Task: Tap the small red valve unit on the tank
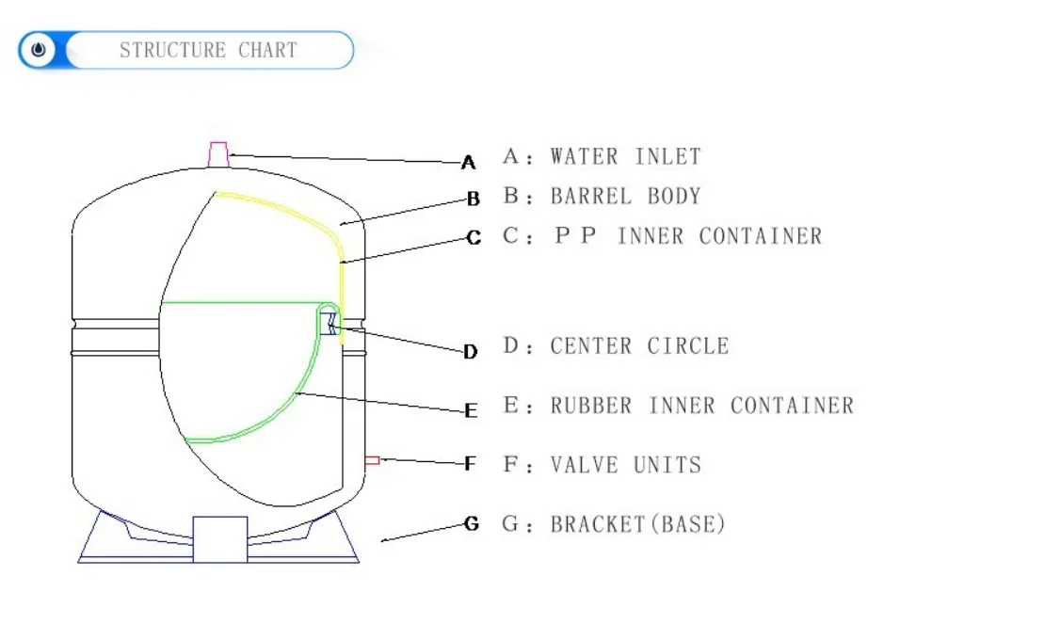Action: coord(372,459)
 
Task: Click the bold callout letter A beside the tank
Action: coord(468,164)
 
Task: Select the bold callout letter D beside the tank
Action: coord(470,352)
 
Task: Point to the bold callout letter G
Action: coord(472,523)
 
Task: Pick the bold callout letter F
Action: coord(471,463)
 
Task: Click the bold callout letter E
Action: coord(471,410)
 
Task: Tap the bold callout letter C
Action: coord(474,239)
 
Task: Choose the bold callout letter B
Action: coord(474,199)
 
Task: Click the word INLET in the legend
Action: coord(667,156)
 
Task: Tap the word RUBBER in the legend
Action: coord(591,406)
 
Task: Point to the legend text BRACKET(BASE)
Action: coord(638,524)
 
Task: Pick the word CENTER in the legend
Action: coord(591,345)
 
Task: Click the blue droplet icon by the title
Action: coord(38,50)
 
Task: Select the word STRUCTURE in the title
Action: coord(172,50)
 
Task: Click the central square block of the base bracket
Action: coord(219,538)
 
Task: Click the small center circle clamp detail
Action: coord(330,323)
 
